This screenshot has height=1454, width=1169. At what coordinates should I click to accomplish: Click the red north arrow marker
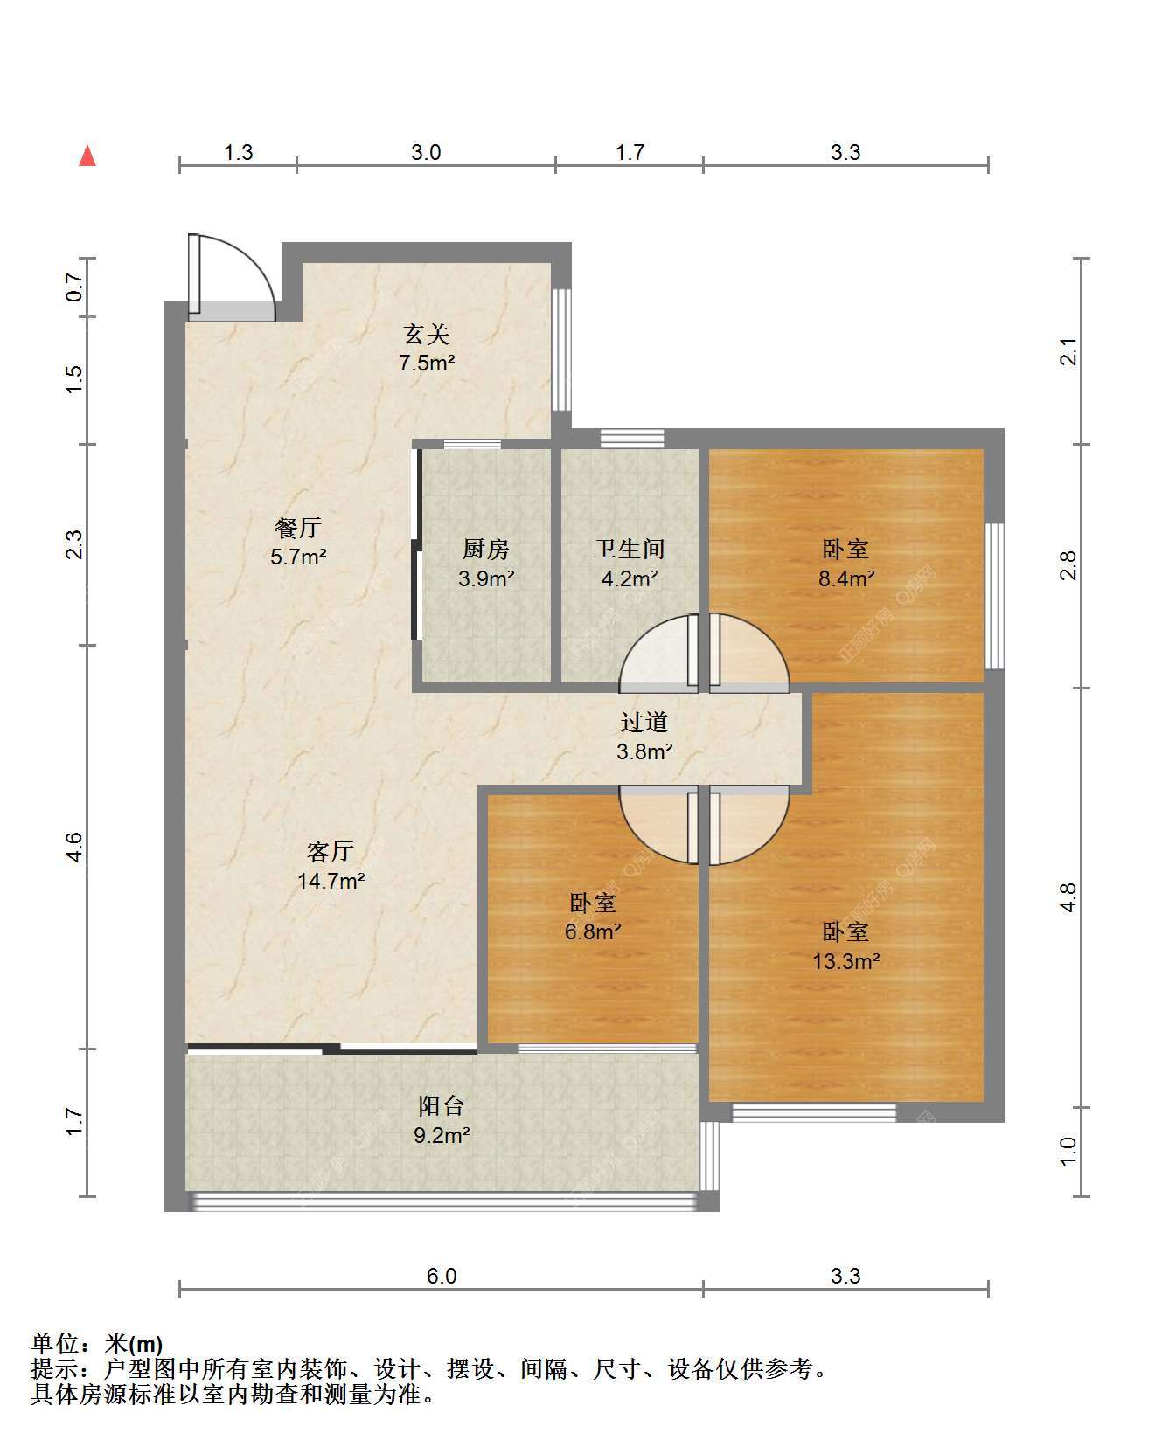(87, 156)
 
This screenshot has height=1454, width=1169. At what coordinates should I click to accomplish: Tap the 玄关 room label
(427, 334)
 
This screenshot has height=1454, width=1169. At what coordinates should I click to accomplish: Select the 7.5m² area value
(427, 363)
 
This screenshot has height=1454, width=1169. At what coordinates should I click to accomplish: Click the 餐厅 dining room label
(298, 528)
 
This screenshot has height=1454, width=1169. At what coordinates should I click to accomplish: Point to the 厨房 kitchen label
(486, 549)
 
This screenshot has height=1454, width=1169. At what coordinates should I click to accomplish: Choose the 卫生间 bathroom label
(630, 549)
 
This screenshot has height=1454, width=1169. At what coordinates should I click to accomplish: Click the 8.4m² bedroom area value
(846, 578)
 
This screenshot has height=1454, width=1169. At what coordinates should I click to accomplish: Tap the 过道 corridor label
(644, 722)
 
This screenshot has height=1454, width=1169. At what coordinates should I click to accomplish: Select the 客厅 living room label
(331, 851)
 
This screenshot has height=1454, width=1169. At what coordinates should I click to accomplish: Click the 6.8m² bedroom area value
(593, 931)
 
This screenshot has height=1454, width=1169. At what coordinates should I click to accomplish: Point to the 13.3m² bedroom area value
(846, 961)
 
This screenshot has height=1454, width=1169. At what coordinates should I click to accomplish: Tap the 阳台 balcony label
(441, 1106)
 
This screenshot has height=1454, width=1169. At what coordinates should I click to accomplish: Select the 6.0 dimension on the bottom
(442, 1276)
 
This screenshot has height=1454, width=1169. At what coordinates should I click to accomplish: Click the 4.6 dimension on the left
(74, 847)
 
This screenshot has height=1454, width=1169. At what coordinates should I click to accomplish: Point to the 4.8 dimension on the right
(1068, 897)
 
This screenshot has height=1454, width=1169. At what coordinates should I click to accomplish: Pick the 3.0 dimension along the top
(426, 152)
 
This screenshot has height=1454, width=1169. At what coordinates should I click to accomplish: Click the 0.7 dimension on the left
(74, 287)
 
